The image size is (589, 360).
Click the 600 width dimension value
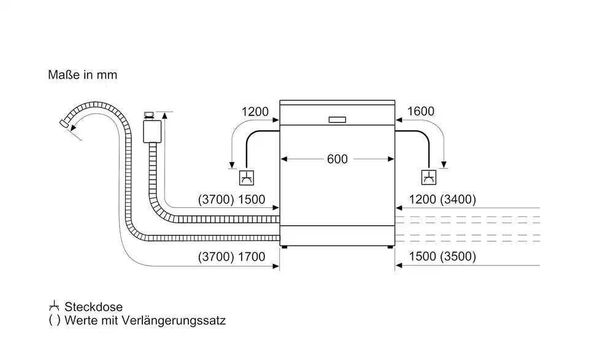(337, 159)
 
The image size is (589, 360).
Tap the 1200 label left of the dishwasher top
(255, 112)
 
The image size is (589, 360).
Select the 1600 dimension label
(420, 112)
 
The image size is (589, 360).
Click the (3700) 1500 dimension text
(231, 199)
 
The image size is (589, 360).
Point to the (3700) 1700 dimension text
(231, 257)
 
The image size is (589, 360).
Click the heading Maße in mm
(82, 75)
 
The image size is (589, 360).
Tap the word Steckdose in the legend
(93, 307)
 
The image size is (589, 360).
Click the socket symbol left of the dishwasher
(246, 178)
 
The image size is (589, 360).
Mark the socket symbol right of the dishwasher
(428, 178)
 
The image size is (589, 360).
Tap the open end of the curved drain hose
(63, 124)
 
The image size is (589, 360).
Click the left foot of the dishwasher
(283, 247)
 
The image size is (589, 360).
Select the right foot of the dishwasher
(389, 247)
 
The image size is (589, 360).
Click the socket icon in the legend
(54, 307)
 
